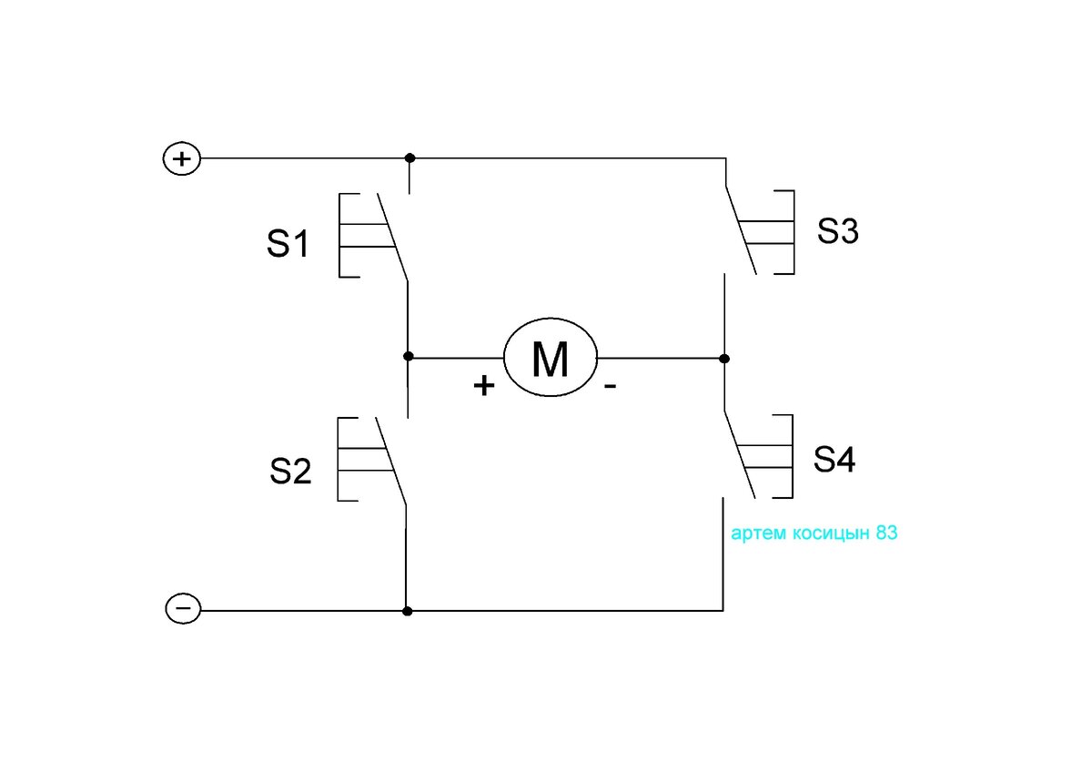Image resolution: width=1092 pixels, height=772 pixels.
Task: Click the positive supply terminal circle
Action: point(181,159)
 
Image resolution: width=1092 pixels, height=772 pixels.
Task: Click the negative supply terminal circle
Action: point(183,608)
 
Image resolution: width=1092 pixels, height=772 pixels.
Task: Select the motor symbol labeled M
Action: point(550,357)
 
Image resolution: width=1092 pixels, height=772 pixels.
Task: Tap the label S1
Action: point(288,244)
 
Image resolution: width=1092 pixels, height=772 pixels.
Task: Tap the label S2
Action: point(290,471)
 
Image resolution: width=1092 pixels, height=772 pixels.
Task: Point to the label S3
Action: point(837,230)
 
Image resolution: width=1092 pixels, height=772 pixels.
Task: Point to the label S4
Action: point(834,459)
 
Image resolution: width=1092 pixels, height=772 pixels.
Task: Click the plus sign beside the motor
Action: point(483,386)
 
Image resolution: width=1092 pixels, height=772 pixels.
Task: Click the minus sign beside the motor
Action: point(610,387)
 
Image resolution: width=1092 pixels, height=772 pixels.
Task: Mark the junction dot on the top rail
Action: point(410,158)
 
